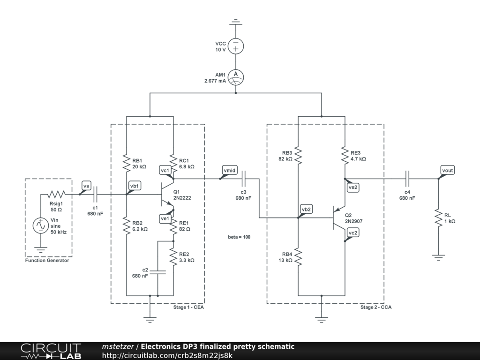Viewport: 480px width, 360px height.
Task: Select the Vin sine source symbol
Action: (x=40, y=225)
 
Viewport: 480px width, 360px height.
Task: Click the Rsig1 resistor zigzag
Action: (x=56, y=194)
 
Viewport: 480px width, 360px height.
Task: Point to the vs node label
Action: (x=86, y=186)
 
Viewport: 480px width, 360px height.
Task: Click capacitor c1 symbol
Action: (x=96, y=194)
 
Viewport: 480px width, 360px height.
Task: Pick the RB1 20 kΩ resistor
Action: (x=126, y=163)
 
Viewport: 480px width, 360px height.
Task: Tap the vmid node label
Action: (x=229, y=171)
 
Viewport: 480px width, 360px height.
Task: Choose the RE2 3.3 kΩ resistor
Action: (x=173, y=257)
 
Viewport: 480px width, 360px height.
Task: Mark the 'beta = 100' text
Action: (x=239, y=237)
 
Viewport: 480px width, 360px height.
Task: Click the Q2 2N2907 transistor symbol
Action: (x=339, y=218)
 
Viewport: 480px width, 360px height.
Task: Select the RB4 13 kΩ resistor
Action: (x=298, y=257)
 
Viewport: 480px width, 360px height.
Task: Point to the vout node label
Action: (x=448, y=170)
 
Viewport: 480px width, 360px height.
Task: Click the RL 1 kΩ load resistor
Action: (x=438, y=218)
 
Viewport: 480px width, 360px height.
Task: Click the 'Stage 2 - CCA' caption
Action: (x=376, y=307)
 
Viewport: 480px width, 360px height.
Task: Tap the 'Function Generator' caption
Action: (x=47, y=261)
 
